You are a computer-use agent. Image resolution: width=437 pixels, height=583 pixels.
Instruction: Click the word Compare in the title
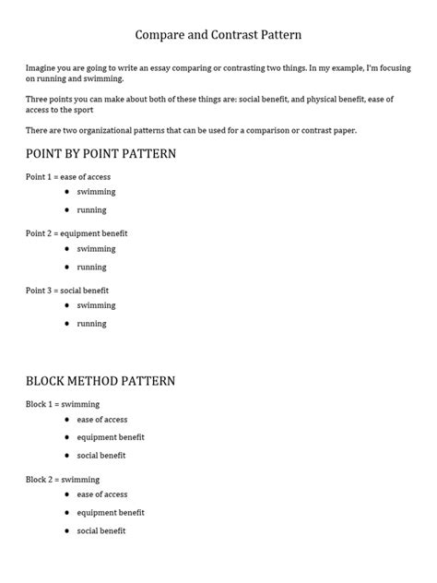tap(159, 35)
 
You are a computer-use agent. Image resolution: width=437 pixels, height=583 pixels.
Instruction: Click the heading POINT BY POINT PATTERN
tap(100, 153)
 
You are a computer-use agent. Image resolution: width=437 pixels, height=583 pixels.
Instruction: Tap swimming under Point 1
tap(96, 192)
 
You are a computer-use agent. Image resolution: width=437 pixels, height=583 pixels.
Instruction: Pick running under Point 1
tap(91, 210)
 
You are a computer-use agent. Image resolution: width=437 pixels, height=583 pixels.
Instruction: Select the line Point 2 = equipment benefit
tap(77, 233)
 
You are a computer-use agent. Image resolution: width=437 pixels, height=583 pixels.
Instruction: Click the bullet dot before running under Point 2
tap(67, 267)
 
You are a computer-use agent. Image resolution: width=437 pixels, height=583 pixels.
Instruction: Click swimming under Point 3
tap(96, 305)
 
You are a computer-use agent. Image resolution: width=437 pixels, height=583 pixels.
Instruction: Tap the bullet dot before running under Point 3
tap(67, 324)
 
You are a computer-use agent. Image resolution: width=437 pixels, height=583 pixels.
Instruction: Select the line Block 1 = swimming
tap(63, 404)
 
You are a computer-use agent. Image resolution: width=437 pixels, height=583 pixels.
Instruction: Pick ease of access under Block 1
tap(102, 420)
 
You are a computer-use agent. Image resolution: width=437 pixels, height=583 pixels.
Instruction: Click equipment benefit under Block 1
tap(111, 437)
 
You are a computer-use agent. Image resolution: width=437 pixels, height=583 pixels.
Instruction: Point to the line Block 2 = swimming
tap(63, 480)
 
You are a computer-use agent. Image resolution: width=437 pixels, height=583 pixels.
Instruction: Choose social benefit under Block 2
tap(101, 530)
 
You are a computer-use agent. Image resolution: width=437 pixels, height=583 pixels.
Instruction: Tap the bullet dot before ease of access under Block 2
tap(67, 494)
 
